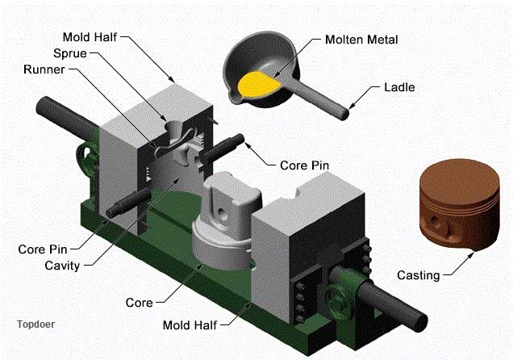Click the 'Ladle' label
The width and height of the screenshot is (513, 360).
pos(399,86)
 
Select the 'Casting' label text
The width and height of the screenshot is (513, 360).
pos(418,275)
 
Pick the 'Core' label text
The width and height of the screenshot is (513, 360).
pos(139,303)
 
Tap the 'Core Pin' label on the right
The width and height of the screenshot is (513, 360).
pos(306,165)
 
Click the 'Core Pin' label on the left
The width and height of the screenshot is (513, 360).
pos(43,249)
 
